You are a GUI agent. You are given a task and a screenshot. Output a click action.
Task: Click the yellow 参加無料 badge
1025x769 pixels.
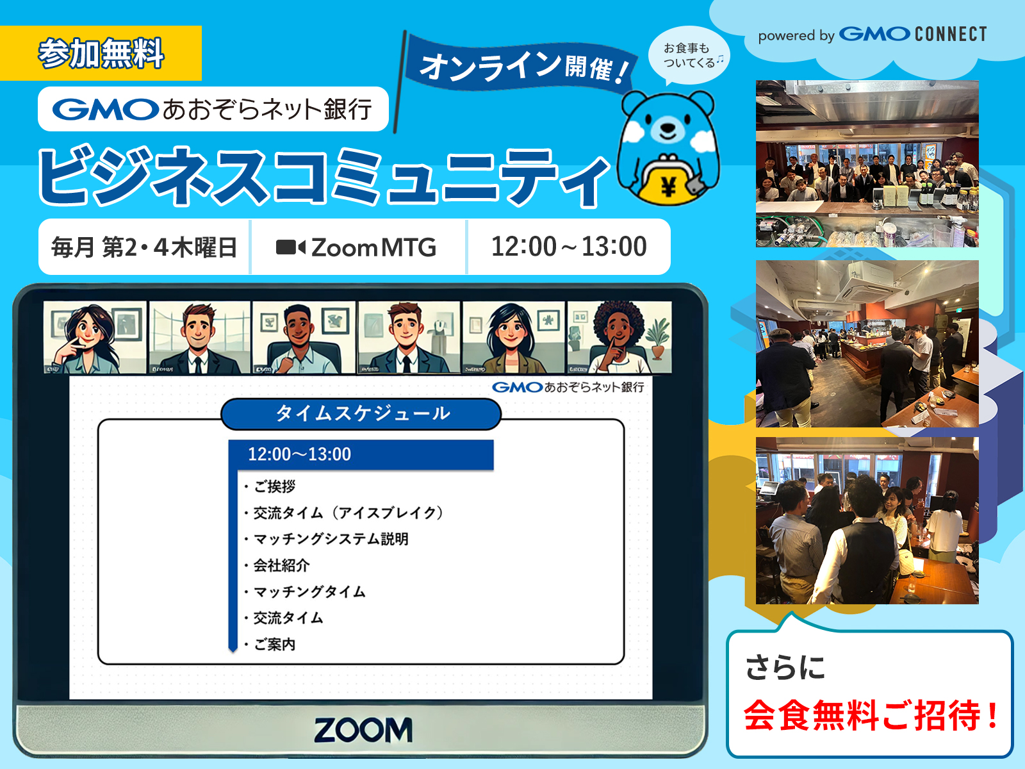(x=101, y=53)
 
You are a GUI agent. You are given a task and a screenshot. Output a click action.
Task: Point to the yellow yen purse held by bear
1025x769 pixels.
(x=668, y=183)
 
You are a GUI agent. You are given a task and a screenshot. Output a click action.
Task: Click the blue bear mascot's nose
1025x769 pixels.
(x=668, y=126)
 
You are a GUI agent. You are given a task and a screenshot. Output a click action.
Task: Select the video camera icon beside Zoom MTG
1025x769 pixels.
(x=290, y=247)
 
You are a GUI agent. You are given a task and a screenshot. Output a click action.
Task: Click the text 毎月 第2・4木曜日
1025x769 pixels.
(x=144, y=247)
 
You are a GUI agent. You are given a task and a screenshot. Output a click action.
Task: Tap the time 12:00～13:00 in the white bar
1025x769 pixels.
(x=569, y=247)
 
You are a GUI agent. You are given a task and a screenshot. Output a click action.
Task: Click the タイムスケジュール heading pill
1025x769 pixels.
(x=361, y=414)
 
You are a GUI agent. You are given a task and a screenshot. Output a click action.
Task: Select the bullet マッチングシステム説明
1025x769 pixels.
(x=331, y=539)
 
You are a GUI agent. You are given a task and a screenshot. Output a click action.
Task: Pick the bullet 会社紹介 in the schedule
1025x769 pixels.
(x=281, y=565)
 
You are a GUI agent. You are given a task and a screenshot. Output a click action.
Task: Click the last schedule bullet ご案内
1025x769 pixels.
(x=274, y=644)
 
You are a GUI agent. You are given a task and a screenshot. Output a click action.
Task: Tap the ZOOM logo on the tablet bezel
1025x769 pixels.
(x=363, y=730)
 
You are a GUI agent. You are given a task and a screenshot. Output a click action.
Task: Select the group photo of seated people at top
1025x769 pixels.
(x=867, y=163)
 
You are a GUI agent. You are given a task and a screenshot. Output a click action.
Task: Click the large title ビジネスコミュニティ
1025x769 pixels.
(x=324, y=176)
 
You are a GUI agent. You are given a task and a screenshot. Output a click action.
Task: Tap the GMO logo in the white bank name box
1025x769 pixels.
(x=105, y=110)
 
